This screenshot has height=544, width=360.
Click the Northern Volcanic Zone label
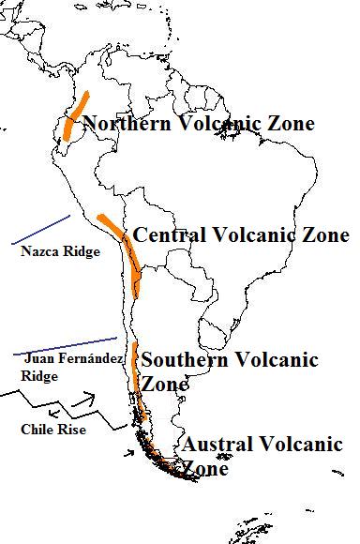pos(198,123)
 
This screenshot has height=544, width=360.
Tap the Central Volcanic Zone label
pos(241,234)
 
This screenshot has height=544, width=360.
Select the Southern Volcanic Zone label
pos(229,371)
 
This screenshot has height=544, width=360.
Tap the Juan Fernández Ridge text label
pos(62,367)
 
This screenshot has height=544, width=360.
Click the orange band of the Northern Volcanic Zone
pos(75,116)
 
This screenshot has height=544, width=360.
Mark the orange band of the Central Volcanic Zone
pos(121,240)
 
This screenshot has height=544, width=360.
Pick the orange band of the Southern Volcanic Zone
pos(136,370)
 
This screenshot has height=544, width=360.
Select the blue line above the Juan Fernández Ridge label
pos(66,345)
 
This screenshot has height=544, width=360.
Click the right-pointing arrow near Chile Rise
pos(89,408)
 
